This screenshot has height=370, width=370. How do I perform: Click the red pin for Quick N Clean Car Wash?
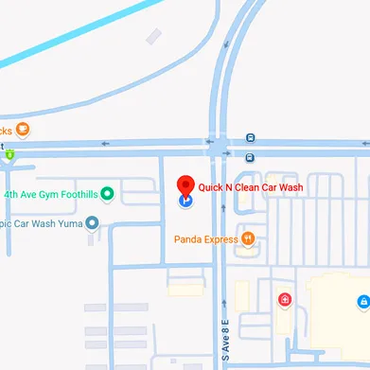[186, 185]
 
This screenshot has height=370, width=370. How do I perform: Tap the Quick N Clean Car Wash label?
[250, 187]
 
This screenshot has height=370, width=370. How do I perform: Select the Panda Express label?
[205, 239]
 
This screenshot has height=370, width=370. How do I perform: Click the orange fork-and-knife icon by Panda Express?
[247, 239]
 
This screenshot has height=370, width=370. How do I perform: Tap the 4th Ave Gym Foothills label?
[51, 194]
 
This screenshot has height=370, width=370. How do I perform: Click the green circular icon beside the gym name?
[107, 194]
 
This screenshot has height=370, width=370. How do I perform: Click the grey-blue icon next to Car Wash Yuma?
[92, 224]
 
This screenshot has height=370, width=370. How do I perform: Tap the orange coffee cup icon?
[23, 130]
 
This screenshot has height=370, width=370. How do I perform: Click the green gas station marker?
[9, 153]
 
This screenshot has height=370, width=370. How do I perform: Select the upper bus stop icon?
[250, 138]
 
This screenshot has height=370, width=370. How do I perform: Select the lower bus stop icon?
[250, 157]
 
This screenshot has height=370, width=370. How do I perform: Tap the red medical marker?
[284, 301]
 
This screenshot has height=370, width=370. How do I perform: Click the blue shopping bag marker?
[362, 301]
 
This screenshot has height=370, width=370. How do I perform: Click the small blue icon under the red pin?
[185, 200]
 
